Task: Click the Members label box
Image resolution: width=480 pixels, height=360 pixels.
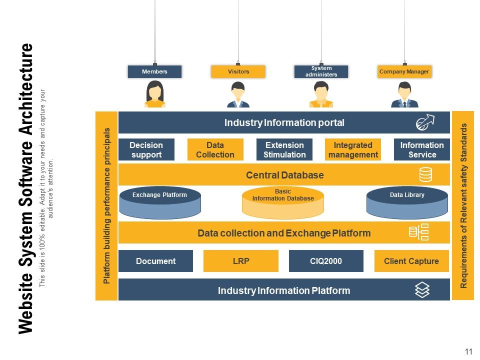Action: click(x=154, y=71)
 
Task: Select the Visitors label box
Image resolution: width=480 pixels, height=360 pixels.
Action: click(x=238, y=71)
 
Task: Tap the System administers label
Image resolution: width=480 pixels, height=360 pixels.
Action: click(x=321, y=71)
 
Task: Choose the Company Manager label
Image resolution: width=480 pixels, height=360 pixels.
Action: click(x=404, y=71)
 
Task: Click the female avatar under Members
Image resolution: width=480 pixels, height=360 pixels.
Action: click(x=154, y=94)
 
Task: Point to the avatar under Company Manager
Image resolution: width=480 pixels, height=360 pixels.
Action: click(x=404, y=95)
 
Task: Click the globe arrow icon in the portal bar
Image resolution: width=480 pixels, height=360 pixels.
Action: click(x=425, y=122)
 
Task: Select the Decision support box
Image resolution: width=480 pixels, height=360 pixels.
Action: click(x=146, y=149)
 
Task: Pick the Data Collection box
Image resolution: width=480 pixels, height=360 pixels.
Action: click(x=215, y=149)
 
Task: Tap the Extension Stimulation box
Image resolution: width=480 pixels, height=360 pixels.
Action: click(x=284, y=149)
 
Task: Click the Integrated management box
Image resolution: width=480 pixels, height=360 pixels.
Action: click(x=353, y=149)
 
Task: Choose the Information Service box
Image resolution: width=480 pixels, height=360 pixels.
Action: click(x=422, y=149)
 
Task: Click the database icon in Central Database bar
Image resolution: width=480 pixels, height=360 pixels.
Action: click(x=425, y=174)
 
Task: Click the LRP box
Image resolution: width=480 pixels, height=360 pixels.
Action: click(x=240, y=261)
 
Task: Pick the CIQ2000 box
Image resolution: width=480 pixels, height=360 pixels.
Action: click(x=326, y=261)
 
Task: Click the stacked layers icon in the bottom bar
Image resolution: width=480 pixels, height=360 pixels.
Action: click(x=422, y=290)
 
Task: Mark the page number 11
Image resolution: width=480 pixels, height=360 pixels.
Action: click(x=468, y=351)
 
